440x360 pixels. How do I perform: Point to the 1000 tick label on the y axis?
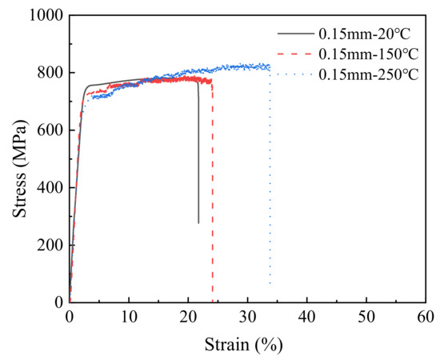45,15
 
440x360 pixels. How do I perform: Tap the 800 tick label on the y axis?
50,73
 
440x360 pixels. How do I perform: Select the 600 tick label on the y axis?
50,130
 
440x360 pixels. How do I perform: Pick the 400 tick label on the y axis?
50,188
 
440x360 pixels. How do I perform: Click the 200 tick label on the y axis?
50,246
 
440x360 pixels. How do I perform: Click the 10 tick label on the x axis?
129,318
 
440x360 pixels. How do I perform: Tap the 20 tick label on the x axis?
188,318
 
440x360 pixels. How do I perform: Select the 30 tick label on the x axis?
247,318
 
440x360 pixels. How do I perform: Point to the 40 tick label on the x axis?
307,318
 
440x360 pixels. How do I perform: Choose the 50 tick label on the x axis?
366,318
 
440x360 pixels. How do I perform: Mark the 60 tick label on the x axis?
426,318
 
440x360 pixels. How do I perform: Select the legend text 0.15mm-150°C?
365,54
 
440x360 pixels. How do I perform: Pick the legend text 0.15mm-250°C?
365,75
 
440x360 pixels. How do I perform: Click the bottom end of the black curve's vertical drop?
198,222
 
